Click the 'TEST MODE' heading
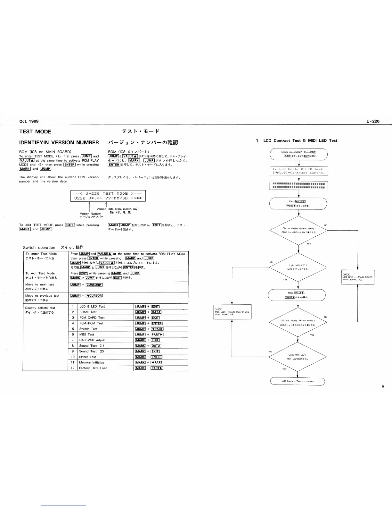(x=35, y=131)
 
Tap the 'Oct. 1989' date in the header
(x=29, y=121)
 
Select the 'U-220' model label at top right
(x=373, y=121)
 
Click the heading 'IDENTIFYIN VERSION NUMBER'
(x=59, y=142)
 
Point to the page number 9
(x=383, y=386)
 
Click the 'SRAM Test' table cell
(x=88, y=312)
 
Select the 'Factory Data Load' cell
(x=93, y=368)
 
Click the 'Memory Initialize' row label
(x=92, y=362)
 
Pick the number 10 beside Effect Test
(x=73, y=357)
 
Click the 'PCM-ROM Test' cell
(x=91, y=323)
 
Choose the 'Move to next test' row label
(x=39, y=284)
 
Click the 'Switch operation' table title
(x=39, y=247)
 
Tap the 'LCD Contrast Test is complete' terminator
(x=298, y=381)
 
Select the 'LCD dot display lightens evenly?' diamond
(x=298, y=230)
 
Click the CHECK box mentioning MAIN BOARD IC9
(x=357, y=277)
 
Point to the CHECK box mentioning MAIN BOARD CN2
(x=232, y=312)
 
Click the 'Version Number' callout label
(x=90, y=214)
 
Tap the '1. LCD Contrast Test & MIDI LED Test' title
(x=296, y=140)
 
